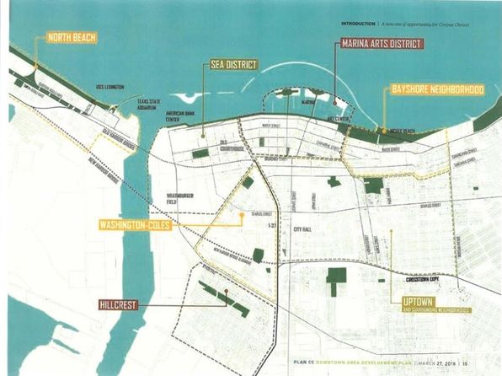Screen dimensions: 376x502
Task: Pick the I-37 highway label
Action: (x=270, y=227)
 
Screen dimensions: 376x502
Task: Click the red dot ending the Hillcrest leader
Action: (x=225, y=293)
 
